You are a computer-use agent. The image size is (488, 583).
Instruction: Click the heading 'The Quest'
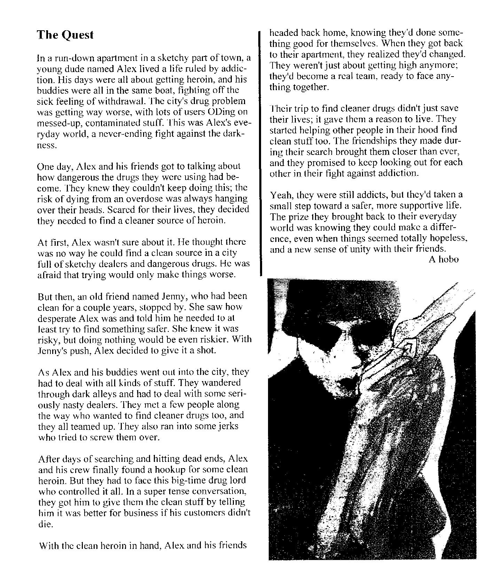(65, 35)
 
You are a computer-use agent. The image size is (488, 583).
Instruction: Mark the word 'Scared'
(120, 210)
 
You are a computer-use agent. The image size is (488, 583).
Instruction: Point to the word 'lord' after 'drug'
(237, 481)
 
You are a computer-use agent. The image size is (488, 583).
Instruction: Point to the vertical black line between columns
(259, 153)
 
